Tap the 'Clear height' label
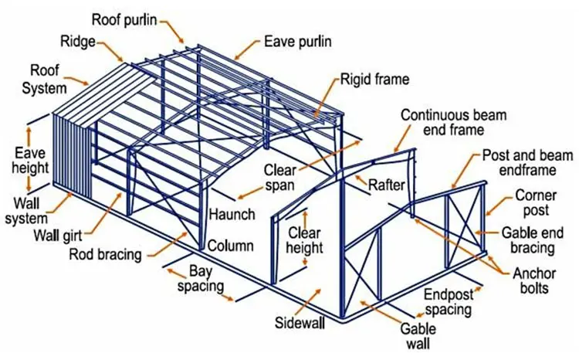(x=305, y=239)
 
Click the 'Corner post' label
(x=532, y=202)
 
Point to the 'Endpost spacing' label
(x=447, y=302)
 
